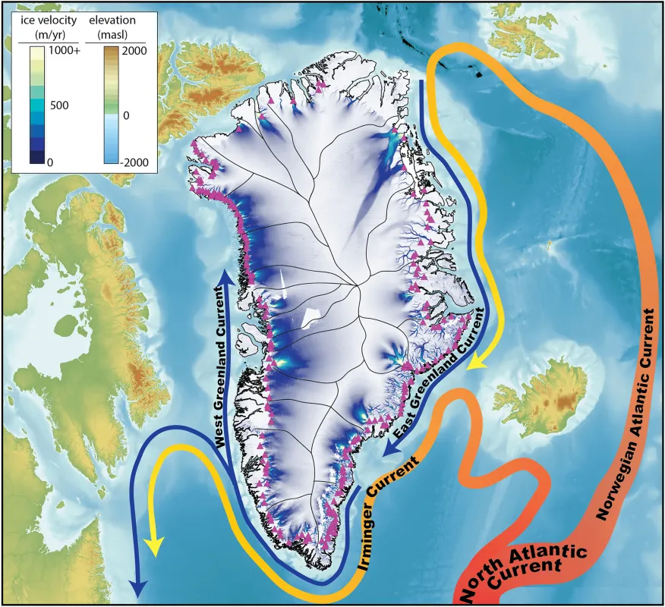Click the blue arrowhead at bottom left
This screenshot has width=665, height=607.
137,588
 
